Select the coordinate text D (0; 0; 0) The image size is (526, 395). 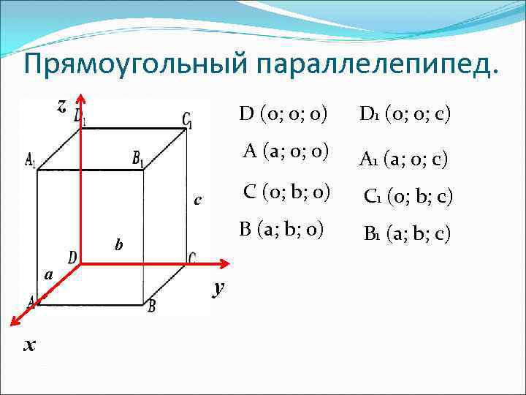(283, 115)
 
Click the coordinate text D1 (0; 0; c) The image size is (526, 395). (404, 115)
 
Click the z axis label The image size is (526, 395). (62, 106)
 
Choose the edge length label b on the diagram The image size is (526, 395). (118, 243)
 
